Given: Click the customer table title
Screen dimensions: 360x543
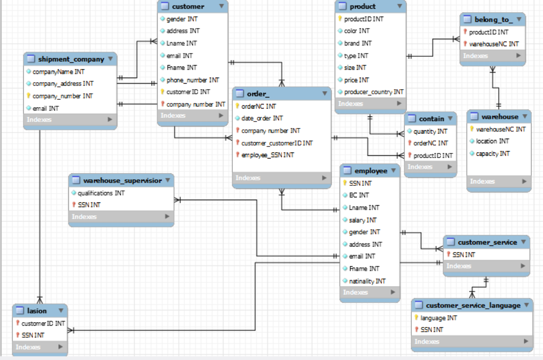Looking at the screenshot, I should [188, 6].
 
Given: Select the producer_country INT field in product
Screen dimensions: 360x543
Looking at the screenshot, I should [374, 92].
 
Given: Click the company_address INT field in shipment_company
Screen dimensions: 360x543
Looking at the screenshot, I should [63, 84].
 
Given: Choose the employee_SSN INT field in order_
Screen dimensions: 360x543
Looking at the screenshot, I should [268, 155].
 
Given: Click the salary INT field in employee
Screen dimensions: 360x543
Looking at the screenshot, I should [363, 220].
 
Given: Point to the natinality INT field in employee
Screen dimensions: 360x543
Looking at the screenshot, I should [367, 281].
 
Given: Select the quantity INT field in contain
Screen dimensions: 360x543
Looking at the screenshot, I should [430, 131].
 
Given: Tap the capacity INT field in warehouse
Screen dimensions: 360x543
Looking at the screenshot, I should [493, 153].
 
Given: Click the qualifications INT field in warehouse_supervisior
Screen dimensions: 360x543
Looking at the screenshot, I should [101, 193].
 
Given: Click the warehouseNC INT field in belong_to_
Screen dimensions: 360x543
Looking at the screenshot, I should [494, 44].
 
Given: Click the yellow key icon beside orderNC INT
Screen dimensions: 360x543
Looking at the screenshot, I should [238, 106].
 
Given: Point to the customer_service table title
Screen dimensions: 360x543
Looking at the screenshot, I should [487, 242].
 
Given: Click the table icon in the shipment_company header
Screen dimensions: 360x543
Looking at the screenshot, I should [31, 59].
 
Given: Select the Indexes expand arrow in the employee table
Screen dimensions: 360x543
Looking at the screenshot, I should [392, 292].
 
